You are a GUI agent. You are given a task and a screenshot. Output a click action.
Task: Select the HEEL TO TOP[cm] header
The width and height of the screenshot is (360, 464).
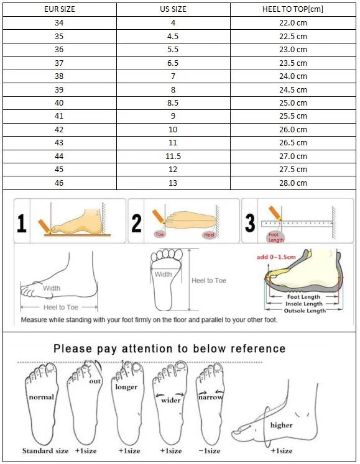pos(293,9)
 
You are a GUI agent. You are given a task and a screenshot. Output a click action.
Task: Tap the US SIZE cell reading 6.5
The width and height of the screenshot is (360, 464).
pos(172,63)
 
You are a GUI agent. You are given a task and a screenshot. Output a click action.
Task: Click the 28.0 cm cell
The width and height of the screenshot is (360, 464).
pos(293,183)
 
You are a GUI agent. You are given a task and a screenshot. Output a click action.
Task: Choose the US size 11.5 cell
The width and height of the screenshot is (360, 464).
pos(172,156)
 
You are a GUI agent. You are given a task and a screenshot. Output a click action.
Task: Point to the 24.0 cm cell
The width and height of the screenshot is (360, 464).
pos(293,76)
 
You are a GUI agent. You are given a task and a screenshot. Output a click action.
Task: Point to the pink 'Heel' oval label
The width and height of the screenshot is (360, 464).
pos(209,235)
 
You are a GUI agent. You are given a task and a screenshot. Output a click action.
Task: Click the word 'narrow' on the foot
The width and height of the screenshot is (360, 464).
pos(210,397)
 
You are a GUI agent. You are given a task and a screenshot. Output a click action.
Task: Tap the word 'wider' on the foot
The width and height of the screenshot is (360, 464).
pos(170,400)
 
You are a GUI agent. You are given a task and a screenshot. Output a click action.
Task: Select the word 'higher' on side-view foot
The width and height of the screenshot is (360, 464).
pos(281,425)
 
